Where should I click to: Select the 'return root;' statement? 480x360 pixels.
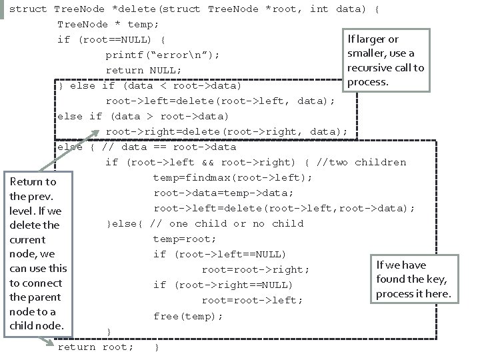coord(96,347)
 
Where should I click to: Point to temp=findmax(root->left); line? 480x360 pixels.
coord(233,177)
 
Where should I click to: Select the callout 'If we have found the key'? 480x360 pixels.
coord(413,279)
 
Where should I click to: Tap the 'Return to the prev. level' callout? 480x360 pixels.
coord(38,253)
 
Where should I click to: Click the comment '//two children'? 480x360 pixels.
coord(361,162)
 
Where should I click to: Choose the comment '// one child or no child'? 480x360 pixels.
coord(227,223)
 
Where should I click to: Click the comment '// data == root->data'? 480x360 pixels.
coord(169,147)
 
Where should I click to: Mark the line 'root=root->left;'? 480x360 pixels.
coord(252,301)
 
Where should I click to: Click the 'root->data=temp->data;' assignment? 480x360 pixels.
coord(223,193)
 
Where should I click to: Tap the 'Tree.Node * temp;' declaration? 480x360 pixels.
coord(108,24)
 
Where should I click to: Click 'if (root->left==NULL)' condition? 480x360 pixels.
coord(219,254)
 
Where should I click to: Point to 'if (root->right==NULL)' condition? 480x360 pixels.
coord(223,285)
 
